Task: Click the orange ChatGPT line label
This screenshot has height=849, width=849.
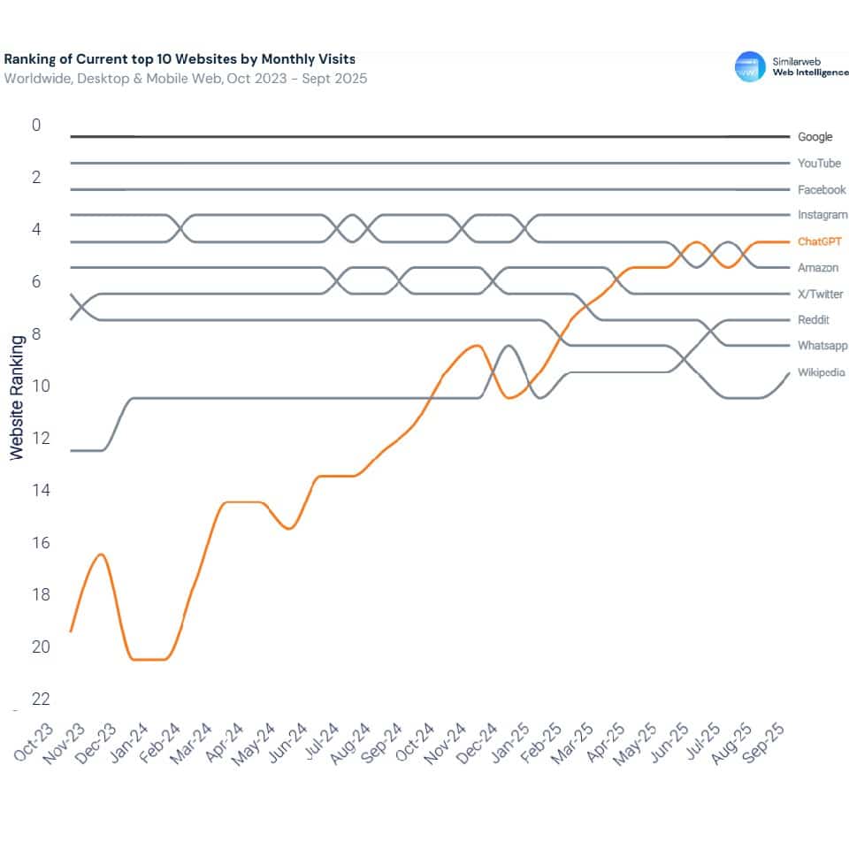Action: [x=819, y=241]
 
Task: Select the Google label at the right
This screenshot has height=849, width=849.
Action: [x=815, y=137]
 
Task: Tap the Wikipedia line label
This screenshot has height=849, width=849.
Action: [x=821, y=372]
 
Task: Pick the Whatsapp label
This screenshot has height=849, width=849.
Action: [x=822, y=346]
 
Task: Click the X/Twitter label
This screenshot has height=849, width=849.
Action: [x=820, y=294]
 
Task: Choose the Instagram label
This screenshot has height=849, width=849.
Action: [x=822, y=215]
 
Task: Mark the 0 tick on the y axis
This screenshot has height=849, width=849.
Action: [x=36, y=126]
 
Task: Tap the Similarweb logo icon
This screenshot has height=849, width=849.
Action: [x=750, y=66]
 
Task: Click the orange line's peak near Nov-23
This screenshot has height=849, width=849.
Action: [x=102, y=555]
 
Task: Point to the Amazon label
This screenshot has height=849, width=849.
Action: [x=817, y=268]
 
